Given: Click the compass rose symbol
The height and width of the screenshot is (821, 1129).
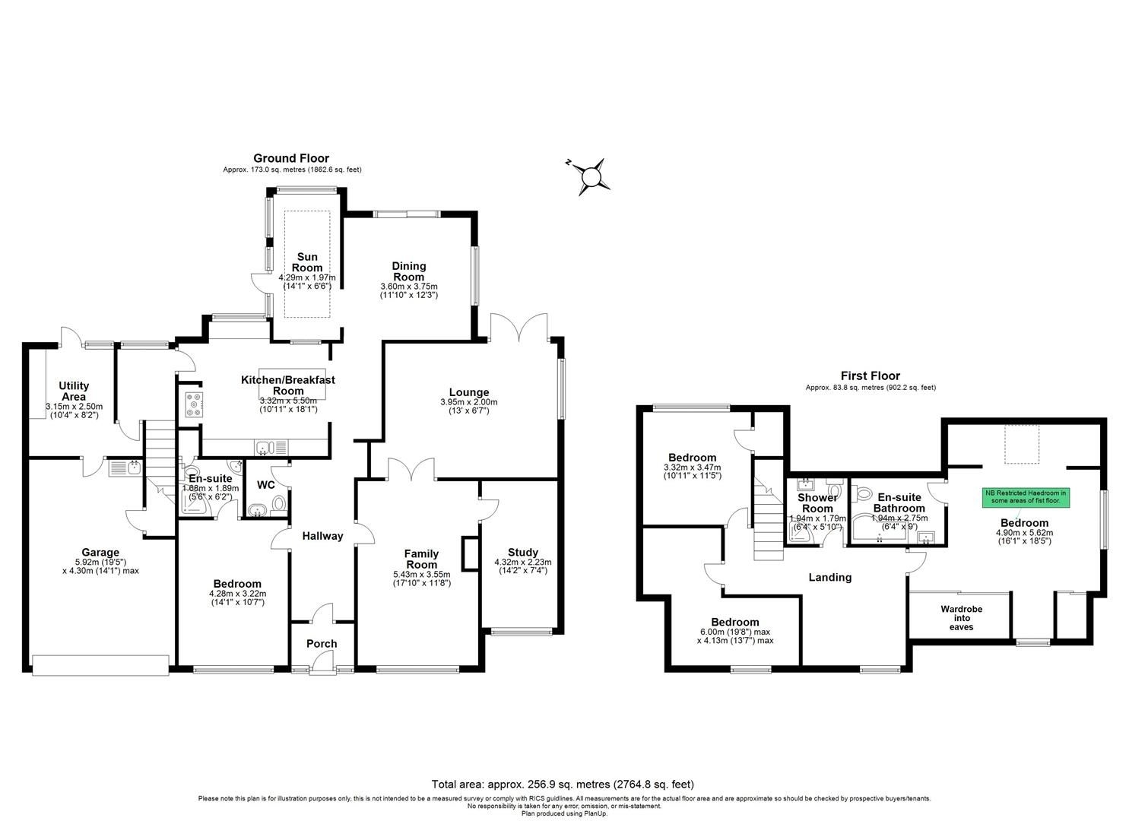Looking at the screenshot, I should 590,176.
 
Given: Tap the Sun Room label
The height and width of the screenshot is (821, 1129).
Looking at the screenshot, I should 307,262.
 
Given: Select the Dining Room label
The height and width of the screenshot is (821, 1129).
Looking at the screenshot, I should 408,271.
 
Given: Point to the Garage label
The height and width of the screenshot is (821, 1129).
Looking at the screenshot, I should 100,553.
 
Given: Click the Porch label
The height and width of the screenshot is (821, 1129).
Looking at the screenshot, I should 322,644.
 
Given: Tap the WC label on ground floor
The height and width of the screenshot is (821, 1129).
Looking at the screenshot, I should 266,485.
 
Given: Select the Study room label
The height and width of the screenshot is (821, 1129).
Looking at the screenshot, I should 522,552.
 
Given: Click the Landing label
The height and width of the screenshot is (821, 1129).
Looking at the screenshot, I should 829,577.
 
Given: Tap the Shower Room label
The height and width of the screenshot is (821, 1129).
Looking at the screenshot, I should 817,503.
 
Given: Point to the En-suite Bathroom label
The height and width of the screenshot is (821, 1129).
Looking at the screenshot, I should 899,502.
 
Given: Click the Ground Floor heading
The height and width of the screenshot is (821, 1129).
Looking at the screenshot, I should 291,159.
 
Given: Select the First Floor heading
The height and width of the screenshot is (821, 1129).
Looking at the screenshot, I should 870,376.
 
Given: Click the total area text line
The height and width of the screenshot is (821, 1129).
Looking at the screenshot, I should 563,784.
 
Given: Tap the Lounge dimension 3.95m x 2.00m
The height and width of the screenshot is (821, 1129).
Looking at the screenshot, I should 468,402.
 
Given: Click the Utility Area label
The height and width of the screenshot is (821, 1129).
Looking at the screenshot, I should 74,391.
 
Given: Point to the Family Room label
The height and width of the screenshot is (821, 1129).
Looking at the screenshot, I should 421,559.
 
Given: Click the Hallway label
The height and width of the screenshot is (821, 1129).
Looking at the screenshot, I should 322,536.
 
